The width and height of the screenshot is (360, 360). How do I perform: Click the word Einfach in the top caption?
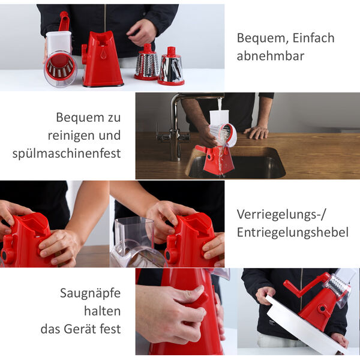(x=313, y=38)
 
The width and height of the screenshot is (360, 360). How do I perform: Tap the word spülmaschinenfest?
(x=67, y=154)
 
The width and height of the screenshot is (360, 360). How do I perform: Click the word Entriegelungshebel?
(x=292, y=233)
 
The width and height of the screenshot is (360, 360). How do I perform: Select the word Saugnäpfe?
(x=90, y=293)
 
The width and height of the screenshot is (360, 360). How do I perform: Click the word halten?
(x=103, y=311)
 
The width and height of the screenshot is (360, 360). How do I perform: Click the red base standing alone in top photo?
(x=101, y=60)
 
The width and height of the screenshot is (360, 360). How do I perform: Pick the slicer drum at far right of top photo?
(x=171, y=67)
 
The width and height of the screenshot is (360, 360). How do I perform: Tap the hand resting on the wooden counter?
(x=256, y=132)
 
